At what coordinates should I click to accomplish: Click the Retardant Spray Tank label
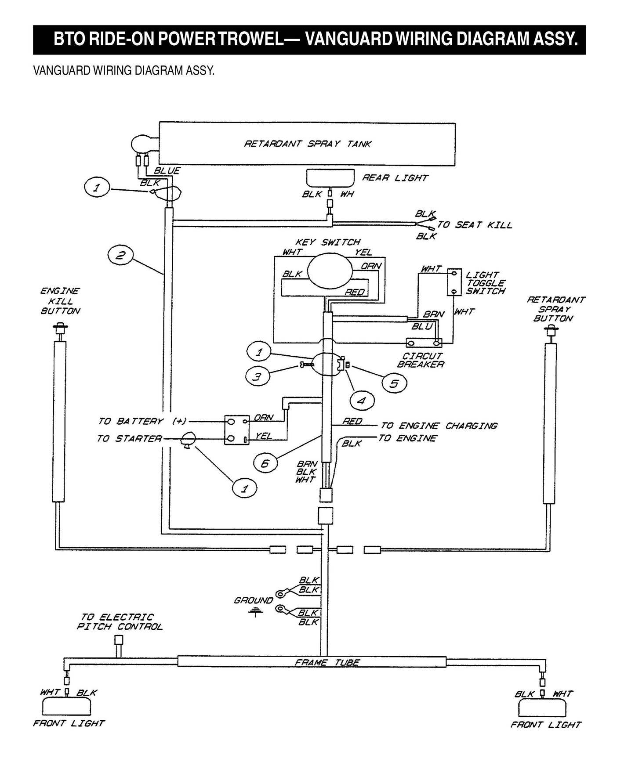308,144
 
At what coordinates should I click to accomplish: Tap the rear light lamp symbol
330,178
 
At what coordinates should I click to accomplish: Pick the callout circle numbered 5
394,384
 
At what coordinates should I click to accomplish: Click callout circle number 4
361,401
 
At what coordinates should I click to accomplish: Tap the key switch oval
330,272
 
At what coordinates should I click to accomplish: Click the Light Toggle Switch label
486,283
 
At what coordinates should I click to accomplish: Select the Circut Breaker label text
421,360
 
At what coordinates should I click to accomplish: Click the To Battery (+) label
142,421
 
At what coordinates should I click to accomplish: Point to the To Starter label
129,439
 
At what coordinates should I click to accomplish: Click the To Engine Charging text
439,426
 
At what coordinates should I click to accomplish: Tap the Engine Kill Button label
60,301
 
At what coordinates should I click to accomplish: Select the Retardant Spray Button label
555,309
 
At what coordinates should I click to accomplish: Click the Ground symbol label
254,600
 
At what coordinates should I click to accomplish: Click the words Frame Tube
327,662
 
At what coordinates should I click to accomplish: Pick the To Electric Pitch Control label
120,622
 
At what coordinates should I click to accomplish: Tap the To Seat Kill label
475,225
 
